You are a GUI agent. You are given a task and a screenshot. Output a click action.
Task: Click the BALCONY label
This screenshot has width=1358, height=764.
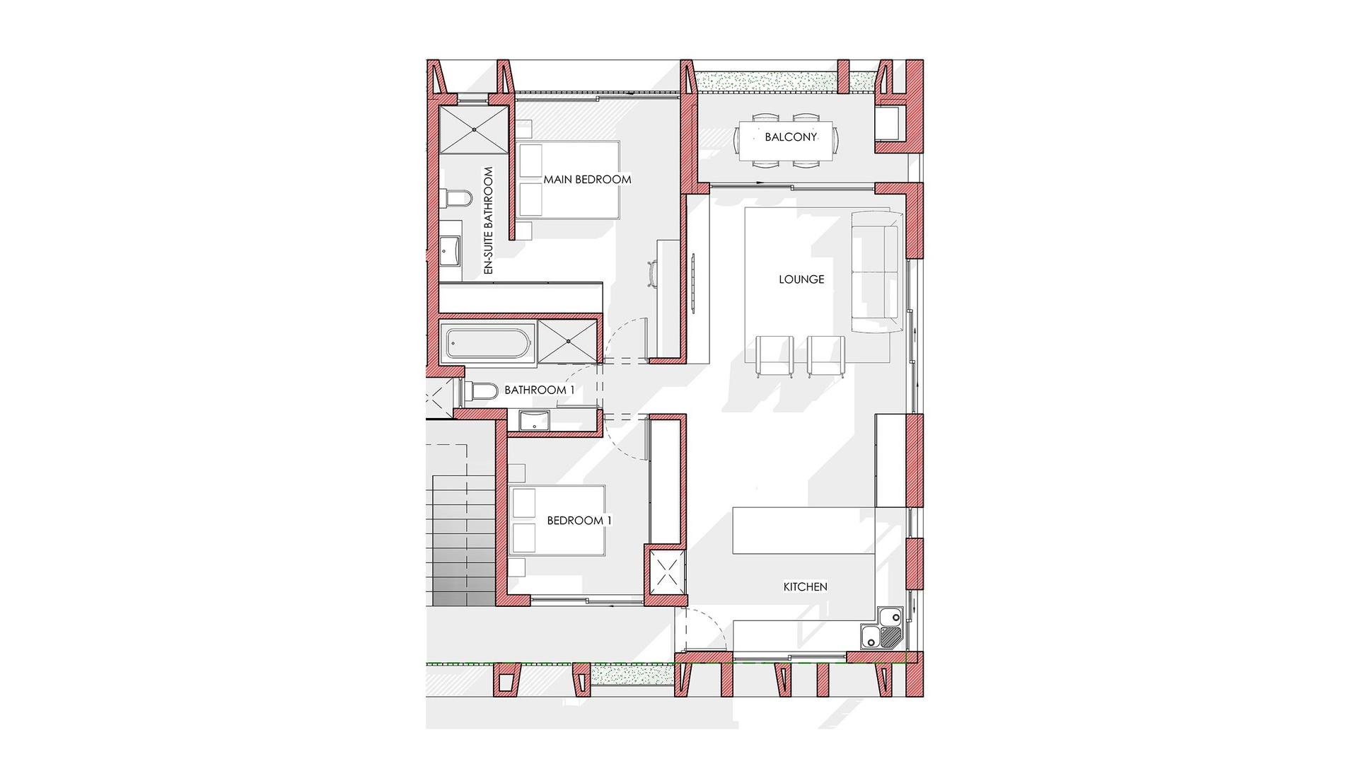(x=790, y=137)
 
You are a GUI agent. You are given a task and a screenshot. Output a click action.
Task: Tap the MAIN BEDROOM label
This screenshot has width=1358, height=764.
(x=587, y=180)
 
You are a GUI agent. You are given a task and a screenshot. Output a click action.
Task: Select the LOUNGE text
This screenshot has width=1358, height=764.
(x=801, y=279)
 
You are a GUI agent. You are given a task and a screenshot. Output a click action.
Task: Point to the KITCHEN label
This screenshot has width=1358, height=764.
(x=805, y=586)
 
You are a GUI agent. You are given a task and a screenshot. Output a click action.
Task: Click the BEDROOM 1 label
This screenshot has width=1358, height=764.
(x=579, y=521)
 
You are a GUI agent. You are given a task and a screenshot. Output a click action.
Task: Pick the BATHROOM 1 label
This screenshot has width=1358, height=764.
(x=539, y=390)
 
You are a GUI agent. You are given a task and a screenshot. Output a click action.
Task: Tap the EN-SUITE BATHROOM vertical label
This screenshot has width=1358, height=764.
(x=487, y=221)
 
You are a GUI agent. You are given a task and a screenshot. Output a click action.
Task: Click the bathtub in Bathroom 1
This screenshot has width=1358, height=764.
(x=488, y=342)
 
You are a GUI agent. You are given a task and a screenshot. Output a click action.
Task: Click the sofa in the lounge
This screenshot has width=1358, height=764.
(x=876, y=272)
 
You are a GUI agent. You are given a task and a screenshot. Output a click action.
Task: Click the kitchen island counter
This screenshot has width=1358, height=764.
(x=803, y=529)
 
